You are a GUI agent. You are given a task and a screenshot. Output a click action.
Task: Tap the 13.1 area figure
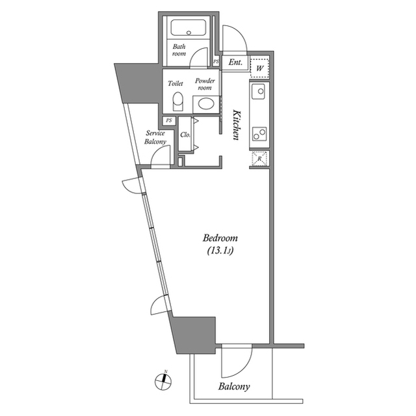[220, 250]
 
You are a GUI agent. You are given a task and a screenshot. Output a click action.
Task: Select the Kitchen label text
[237, 123]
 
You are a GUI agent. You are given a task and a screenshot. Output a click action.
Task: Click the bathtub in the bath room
[188, 28]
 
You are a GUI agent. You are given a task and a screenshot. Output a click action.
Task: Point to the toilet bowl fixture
[178, 102]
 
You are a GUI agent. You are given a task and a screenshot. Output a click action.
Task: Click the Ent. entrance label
[236, 63]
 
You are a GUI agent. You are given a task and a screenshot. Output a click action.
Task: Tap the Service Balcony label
[156, 137]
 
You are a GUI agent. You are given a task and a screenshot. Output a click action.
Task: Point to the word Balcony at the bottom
[234, 387]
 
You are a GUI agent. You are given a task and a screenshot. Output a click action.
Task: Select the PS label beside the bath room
[216, 62]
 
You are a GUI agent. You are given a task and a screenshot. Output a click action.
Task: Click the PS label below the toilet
[169, 120]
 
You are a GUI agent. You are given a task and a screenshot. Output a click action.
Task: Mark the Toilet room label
[175, 83]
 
